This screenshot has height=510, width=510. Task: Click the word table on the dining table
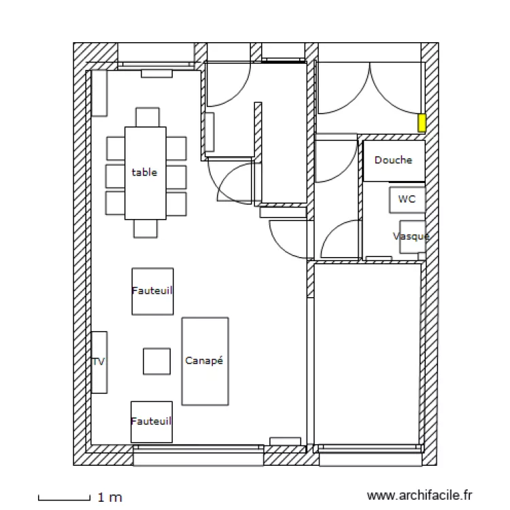[x=144, y=173]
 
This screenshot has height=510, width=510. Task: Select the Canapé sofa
[x=205, y=361]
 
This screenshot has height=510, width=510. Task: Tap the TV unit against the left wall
[x=99, y=362]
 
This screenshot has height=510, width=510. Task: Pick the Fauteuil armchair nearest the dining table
[x=152, y=290]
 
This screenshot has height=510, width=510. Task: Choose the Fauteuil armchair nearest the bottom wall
[x=152, y=422]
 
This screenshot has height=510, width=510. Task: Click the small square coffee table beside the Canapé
[x=156, y=361]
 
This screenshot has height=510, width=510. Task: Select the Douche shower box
[x=394, y=160]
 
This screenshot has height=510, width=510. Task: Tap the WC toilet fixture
[x=407, y=200]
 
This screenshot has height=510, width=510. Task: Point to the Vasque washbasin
[x=412, y=237]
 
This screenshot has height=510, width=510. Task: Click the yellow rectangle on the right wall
[x=422, y=123]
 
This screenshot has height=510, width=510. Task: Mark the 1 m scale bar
[x=64, y=498]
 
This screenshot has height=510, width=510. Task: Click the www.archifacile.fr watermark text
[x=419, y=496]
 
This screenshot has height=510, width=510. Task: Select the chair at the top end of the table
[x=147, y=117]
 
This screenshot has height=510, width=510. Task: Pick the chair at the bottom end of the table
[x=146, y=228]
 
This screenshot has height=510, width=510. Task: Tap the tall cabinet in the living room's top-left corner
[x=100, y=92]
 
